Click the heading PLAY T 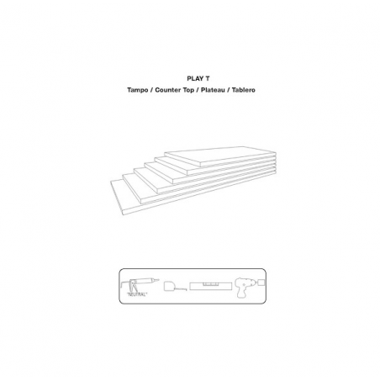click(x=198, y=78)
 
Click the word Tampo click(x=137, y=90)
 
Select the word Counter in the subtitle click(x=167, y=90)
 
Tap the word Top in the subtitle click(x=187, y=90)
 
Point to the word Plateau click(x=213, y=90)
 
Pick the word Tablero click(x=243, y=90)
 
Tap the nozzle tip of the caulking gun click(x=158, y=280)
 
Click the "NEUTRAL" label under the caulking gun click(x=137, y=294)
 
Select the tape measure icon click(x=175, y=286)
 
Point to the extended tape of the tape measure click(x=182, y=288)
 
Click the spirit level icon click(x=210, y=287)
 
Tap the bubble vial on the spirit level click(x=210, y=284)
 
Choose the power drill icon click(x=245, y=288)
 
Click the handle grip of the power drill click(x=241, y=293)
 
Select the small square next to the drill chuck click(x=261, y=282)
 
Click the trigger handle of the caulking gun click(x=134, y=288)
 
